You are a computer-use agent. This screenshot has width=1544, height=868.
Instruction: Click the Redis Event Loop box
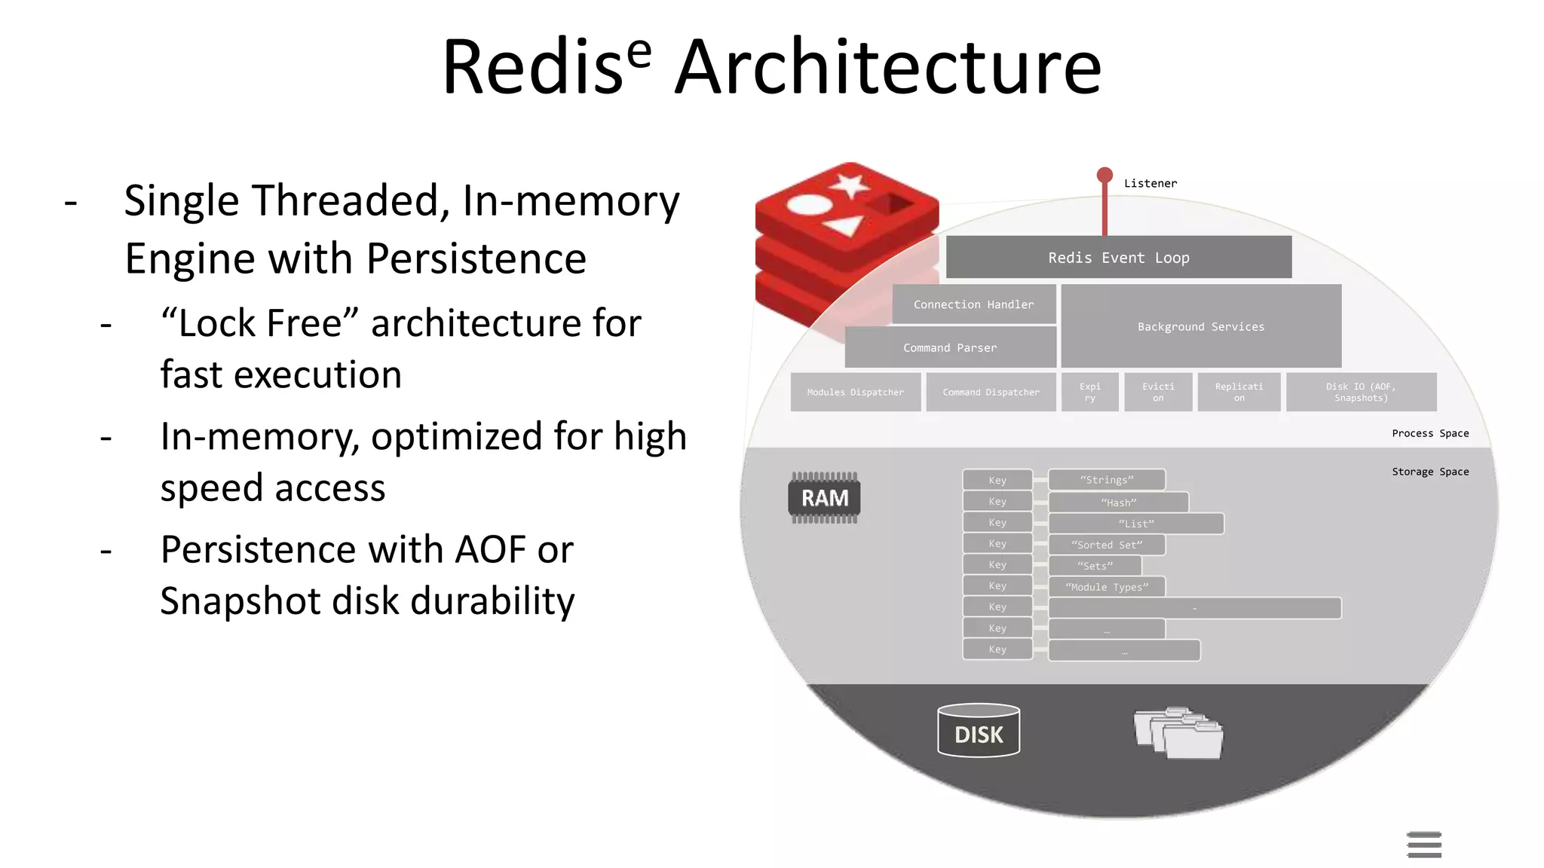(1118, 258)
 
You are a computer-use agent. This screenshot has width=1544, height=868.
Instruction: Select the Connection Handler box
(973, 304)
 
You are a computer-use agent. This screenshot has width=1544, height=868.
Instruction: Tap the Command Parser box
(950, 347)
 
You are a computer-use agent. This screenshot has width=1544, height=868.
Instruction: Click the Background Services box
(1200, 326)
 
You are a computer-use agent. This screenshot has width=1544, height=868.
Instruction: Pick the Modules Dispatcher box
(855, 392)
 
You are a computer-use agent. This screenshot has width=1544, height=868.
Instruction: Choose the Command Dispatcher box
(991, 392)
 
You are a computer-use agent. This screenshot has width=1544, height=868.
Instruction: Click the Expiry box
(1089, 392)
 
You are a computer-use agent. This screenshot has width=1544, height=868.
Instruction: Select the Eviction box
(1158, 392)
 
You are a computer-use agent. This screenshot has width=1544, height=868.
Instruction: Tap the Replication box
(1239, 392)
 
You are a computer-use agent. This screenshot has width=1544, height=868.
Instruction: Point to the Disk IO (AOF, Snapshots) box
(1361, 392)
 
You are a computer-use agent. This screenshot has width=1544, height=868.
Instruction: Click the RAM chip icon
(824, 498)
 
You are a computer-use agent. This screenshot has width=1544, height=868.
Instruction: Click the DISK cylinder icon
(979, 731)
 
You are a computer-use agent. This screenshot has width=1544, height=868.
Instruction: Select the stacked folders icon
(1178, 732)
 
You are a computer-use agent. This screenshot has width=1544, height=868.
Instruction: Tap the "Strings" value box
(1107, 480)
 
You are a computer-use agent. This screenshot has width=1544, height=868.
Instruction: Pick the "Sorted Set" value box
(1107, 545)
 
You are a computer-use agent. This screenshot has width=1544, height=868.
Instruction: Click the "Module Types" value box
(1107, 587)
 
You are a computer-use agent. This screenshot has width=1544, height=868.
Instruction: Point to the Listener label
(1150, 183)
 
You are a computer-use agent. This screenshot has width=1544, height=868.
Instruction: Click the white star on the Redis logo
(850, 184)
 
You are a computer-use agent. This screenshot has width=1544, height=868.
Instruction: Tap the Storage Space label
(1429, 472)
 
